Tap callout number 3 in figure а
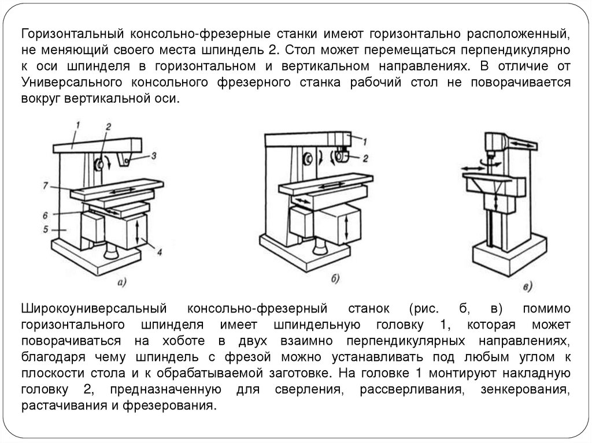(x=153, y=155)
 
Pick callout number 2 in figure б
(x=365, y=157)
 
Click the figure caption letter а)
(x=122, y=282)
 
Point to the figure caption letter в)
(x=527, y=286)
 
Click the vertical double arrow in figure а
(x=138, y=231)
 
